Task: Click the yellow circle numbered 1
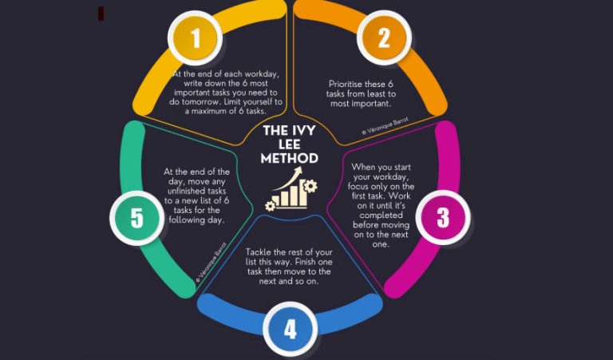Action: [x=195, y=38]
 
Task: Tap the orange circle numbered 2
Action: [x=384, y=38]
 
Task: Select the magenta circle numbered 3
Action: [x=443, y=217]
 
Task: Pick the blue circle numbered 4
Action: [x=290, y=329]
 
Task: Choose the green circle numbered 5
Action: [x=136, y=218]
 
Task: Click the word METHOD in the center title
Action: [x=289, y=158]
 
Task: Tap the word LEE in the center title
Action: [x=289, y=144]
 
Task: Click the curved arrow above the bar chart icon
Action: [x=287, y=178]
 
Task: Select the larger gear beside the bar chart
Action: [x=310, y=186]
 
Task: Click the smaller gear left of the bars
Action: [x=270, y=206]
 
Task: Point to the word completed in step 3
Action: [x=382, y=216]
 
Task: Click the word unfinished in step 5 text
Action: [x=196, y=191]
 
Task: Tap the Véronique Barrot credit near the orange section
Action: [x=386, y=126]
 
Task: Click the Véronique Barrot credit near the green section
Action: [x=212, y=263]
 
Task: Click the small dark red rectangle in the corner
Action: [x=101, y=14]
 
